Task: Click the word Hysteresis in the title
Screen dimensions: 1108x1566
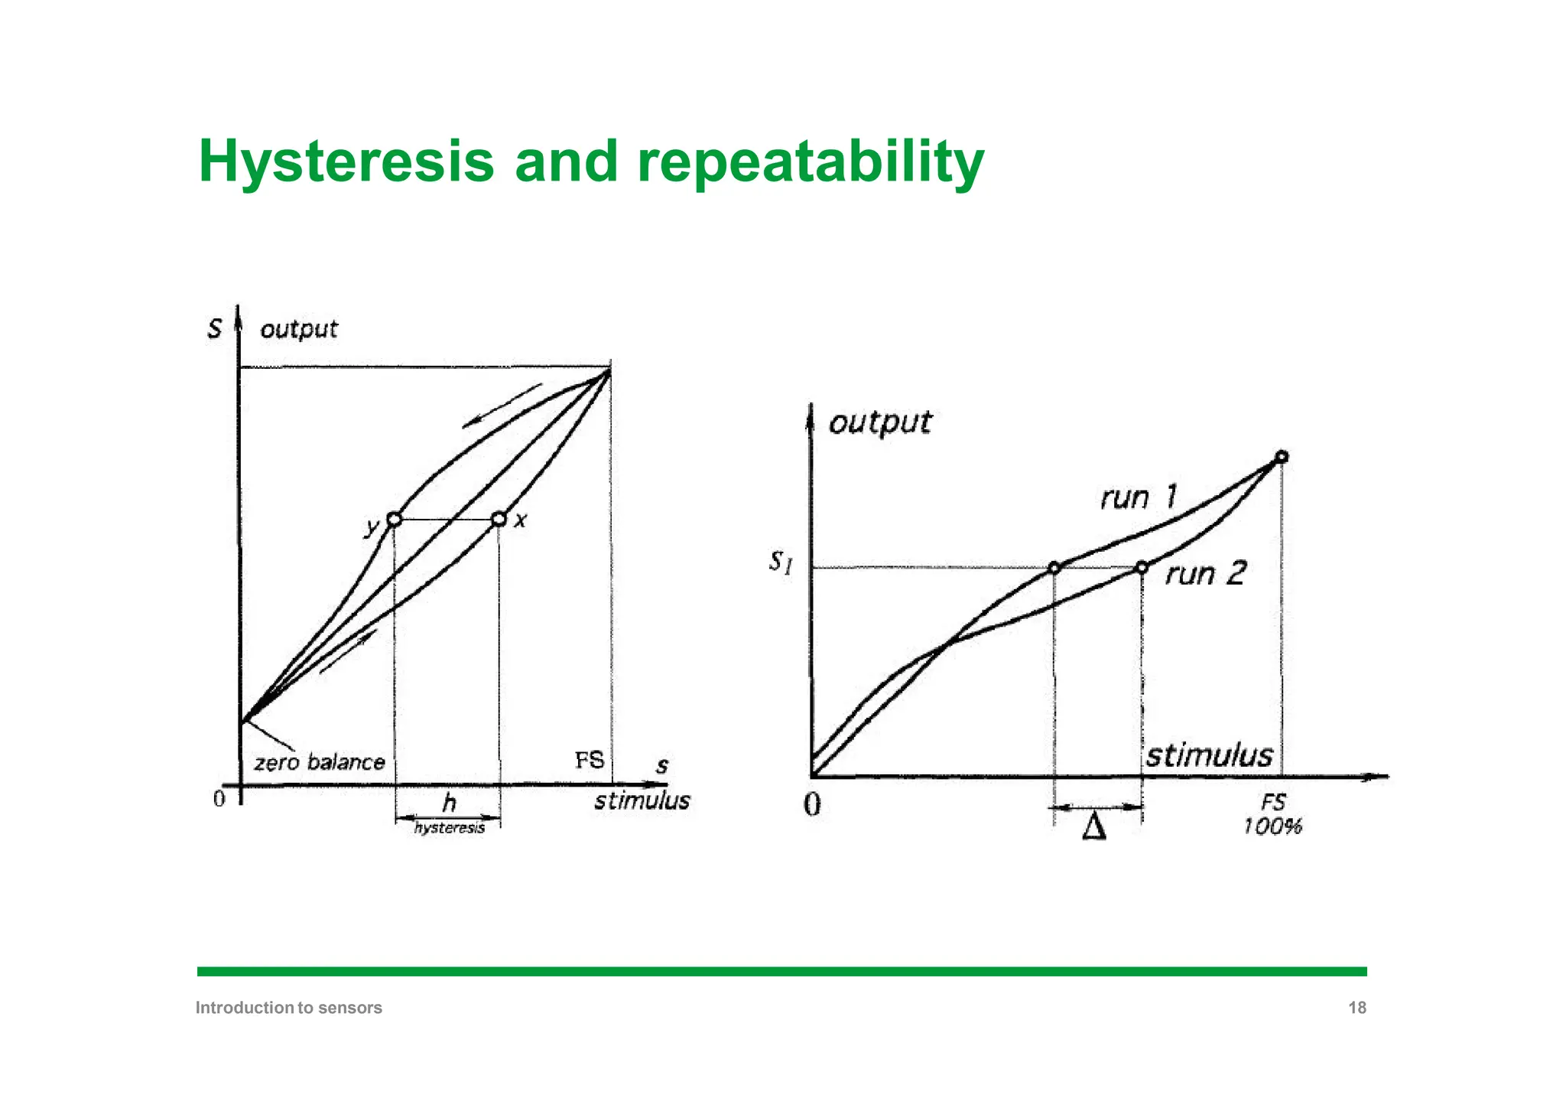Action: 346,162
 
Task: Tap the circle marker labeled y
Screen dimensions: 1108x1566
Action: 395,520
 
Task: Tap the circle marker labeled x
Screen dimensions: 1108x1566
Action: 499,520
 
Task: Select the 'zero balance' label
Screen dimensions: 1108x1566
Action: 320,762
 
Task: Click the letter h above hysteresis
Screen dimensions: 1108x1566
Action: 449,803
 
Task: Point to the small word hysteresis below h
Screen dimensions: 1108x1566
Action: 449,828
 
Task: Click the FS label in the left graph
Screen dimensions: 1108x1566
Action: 589,760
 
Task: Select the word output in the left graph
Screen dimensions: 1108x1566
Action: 298,329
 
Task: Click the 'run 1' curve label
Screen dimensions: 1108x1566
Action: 1138,498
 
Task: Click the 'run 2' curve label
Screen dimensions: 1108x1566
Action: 1205,573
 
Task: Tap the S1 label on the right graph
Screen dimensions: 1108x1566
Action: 780,563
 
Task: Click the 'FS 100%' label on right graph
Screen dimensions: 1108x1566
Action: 1272,814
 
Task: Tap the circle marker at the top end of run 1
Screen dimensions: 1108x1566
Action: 1282,457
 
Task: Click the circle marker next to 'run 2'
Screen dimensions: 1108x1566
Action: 1142,567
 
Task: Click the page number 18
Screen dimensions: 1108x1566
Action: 1356,1008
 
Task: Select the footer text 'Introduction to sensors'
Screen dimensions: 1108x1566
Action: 289,1008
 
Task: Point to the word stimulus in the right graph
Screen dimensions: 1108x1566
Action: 1209,755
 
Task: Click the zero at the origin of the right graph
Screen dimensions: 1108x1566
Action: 813,804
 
